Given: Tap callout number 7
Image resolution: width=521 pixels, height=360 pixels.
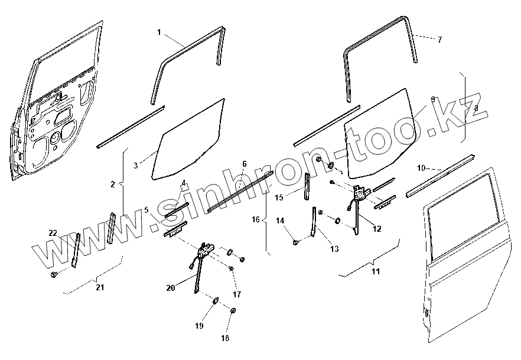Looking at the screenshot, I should pos(439,40).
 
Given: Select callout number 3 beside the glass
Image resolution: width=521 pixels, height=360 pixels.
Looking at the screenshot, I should pos(136,166).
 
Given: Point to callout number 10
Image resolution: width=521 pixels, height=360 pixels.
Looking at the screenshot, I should pos(421,168).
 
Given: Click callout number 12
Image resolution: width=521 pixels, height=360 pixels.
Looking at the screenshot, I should pos(377,228).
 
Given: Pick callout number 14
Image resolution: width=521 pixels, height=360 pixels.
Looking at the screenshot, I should pos(281,220).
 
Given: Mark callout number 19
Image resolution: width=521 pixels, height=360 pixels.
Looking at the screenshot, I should pos(199,326).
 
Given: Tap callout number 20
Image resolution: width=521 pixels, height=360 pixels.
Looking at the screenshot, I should pos(171,288).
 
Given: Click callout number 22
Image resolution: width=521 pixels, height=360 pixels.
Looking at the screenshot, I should pos(53,233).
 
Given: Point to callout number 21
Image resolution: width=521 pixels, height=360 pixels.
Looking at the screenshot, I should pos(100,287).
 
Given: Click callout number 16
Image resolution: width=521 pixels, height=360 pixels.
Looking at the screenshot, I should pos(256,219).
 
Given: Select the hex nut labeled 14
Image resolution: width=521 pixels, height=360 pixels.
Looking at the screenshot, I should pos(295,241).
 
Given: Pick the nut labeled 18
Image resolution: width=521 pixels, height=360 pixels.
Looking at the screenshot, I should pos(233,311).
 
